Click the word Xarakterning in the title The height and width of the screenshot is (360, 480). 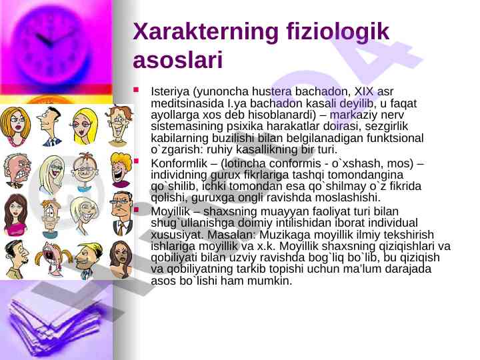(205, 32)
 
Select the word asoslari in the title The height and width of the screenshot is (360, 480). (177, 59)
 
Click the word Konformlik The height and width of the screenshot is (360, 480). (179, 163)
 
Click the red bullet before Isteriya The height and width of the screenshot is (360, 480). (136, 90)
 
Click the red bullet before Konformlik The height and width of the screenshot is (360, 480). (136, 161)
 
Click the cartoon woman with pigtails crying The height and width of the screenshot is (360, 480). (53, 259)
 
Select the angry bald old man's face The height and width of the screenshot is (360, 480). (17, 171)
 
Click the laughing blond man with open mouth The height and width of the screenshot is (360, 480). (121, 170)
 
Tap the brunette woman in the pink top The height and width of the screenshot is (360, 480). (15, 215)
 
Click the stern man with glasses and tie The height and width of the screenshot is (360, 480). (122, 213)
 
